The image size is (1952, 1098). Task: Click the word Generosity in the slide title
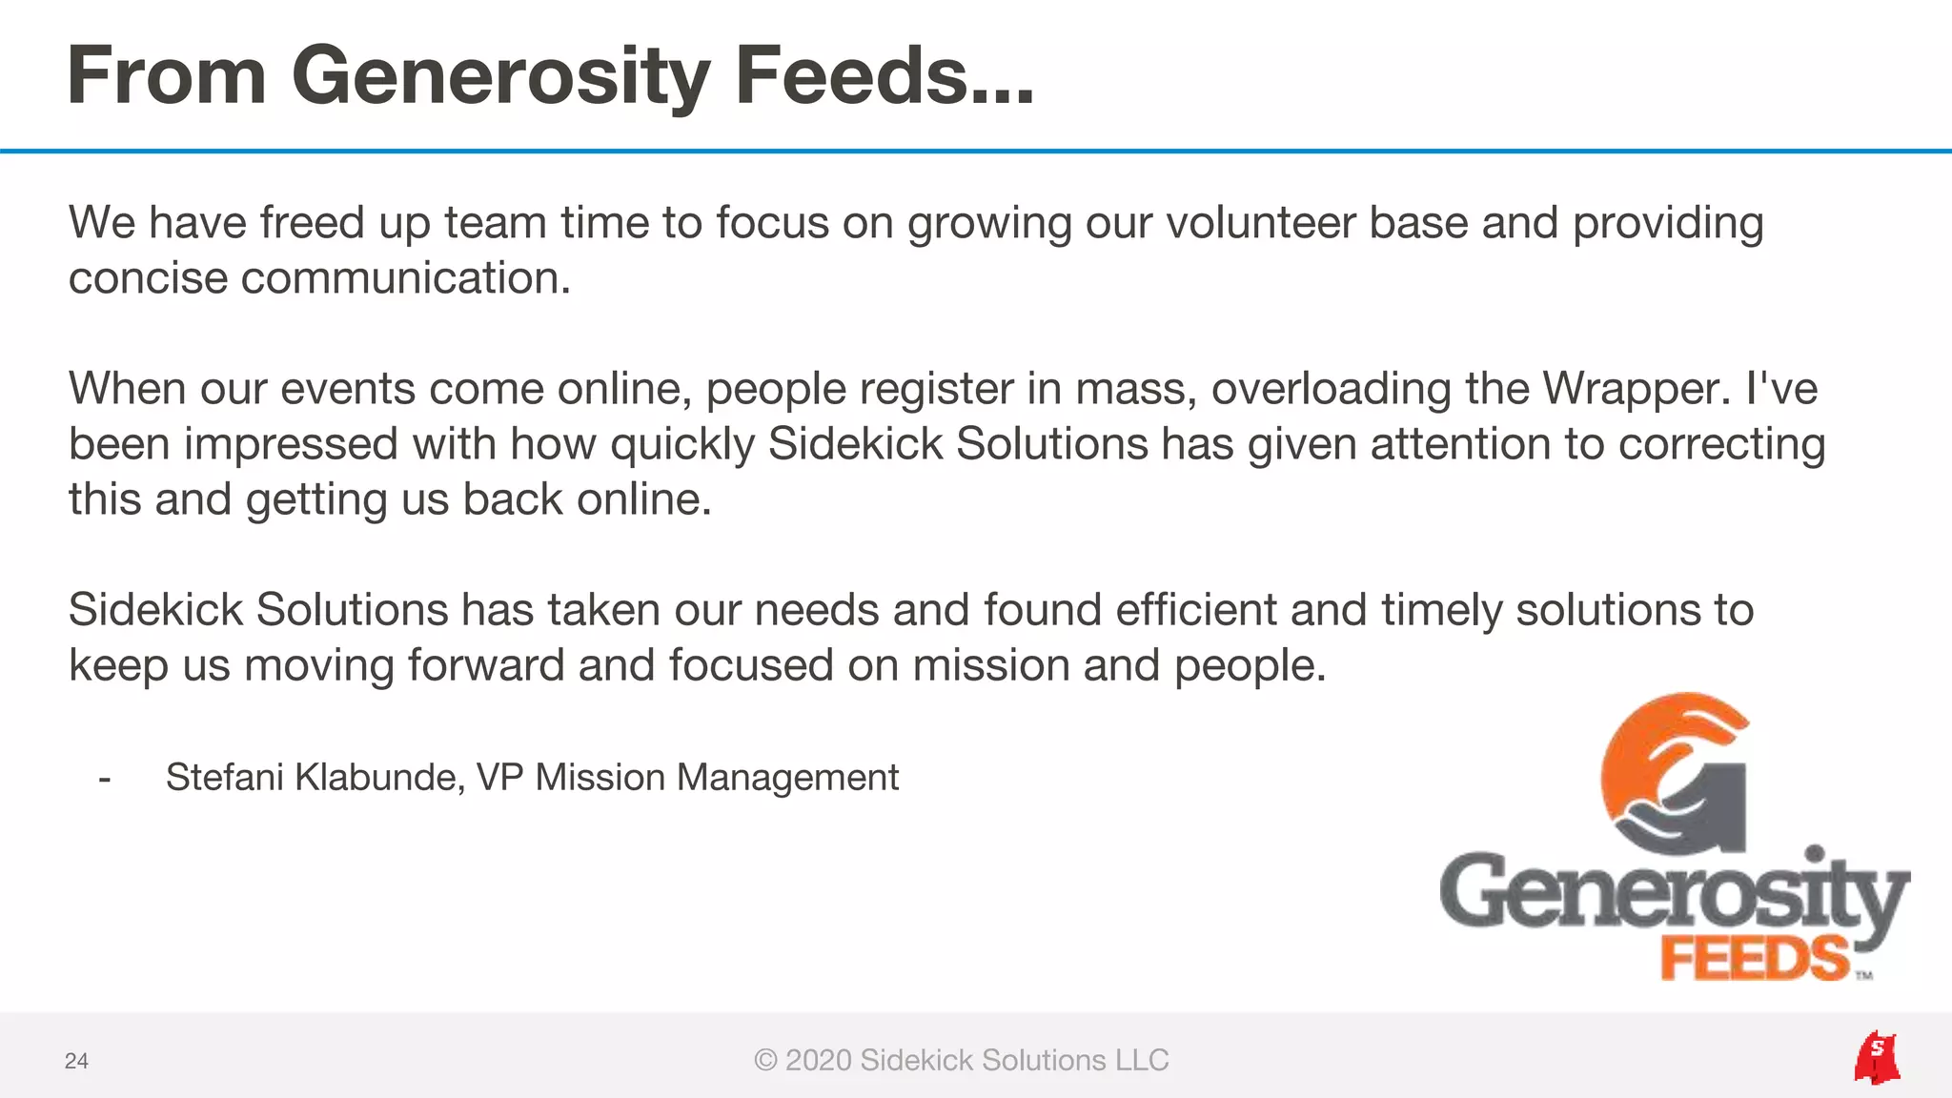click(x=501, y=76)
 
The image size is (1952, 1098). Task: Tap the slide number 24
click(x=76, y=1061)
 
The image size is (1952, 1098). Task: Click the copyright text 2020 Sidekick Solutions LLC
click(x=961, y=1060)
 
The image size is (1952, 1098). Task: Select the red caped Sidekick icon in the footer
click(x=1876, y=1058)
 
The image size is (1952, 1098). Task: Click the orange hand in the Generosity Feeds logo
click(x=1658, y=753)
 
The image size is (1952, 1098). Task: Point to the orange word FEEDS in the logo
click(x=1754, y=959)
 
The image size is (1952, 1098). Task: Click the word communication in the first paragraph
click(x=405, y=278)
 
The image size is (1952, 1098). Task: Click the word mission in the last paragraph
click(x=989, y=665)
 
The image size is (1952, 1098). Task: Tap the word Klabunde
click(x=378, y=777)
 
